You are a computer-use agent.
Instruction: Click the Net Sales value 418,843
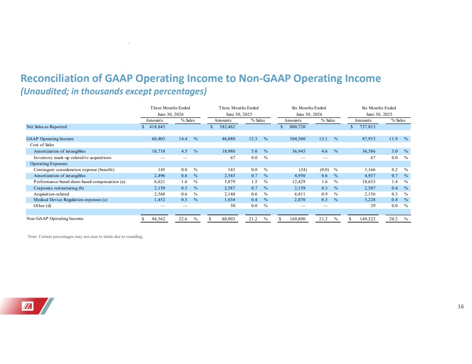(x=157, y=127)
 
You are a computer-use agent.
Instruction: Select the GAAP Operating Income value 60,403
(x=157, y=139)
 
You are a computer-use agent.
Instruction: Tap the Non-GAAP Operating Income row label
(x=55, y=219)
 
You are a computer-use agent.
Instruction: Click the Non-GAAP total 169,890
(x=297, y=219)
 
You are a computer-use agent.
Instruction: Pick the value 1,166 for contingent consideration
(x=369, y=170)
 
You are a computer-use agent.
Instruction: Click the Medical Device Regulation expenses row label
(x=70, y=200)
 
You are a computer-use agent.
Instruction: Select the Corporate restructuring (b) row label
(x=59, y=188)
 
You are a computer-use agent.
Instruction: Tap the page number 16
(x=460, y=307)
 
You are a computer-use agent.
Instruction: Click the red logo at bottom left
(x=27, y=306)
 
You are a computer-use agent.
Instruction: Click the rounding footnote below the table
(x=85, y=237)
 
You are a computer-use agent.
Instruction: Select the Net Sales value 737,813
(x=367, y=127)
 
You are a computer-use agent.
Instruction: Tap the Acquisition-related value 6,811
(x=300, y=194)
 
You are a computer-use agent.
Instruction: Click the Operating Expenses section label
(x=49, y=164)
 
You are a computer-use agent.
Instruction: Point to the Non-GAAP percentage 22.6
(x=183, y=219)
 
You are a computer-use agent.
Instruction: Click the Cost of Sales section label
(x=42, y=145)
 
